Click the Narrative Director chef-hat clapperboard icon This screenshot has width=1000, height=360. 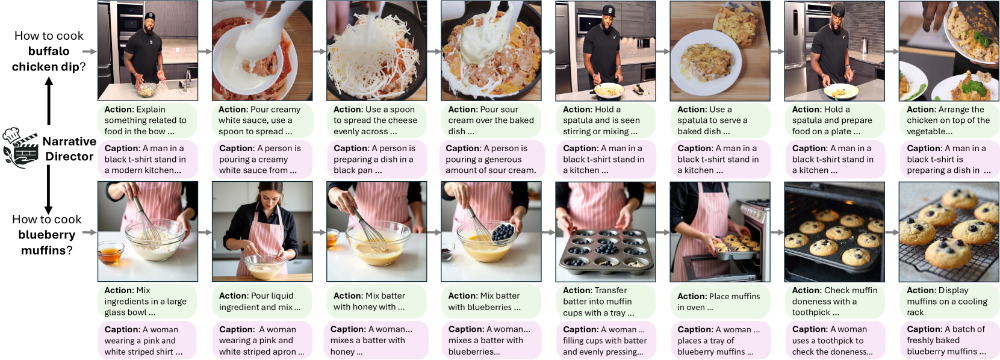(x=20, y=147)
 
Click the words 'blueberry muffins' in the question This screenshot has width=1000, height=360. (x=46, y=243)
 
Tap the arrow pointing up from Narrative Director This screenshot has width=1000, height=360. (x=49, y=101)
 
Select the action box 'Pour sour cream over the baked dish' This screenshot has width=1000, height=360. (x=491, y=120)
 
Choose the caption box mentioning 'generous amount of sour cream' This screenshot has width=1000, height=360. (x=491, y=159)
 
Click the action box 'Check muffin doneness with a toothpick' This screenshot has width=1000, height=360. (x=834, y=302)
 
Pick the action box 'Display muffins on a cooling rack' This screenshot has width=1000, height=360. (x=949, y=302)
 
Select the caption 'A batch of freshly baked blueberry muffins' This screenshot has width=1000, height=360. (x=949, y=340)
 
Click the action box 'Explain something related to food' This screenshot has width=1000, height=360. (x=148, y=120)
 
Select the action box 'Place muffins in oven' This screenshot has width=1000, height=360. (x=720, y=302)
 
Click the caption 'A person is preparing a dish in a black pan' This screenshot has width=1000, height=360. (x=376, y=159)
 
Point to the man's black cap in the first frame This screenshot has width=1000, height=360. (x=151, y=16)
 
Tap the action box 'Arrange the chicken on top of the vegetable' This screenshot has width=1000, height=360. (x=949, y=120)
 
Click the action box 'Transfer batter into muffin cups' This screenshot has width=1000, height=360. (x=606, y=302)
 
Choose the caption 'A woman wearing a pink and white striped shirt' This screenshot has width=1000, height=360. (x=148, y=340)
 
